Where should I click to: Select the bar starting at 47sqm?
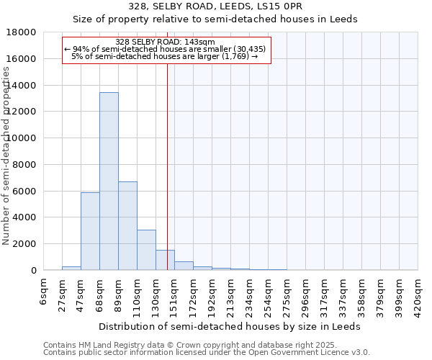point(90,231)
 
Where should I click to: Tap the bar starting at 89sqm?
point(127,226)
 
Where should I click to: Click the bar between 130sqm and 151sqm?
point(165,260)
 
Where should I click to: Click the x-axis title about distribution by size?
point(230,326)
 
